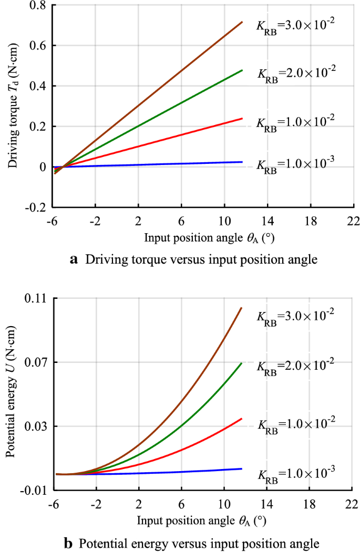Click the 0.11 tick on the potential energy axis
click(36, 298)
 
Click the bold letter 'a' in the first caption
click(74, 259)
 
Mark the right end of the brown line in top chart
click(242, 22)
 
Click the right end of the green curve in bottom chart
click(242, 363)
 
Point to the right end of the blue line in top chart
click(242, 162)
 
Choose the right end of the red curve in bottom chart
click(242, 419)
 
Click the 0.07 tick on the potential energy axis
click(36, 362)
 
